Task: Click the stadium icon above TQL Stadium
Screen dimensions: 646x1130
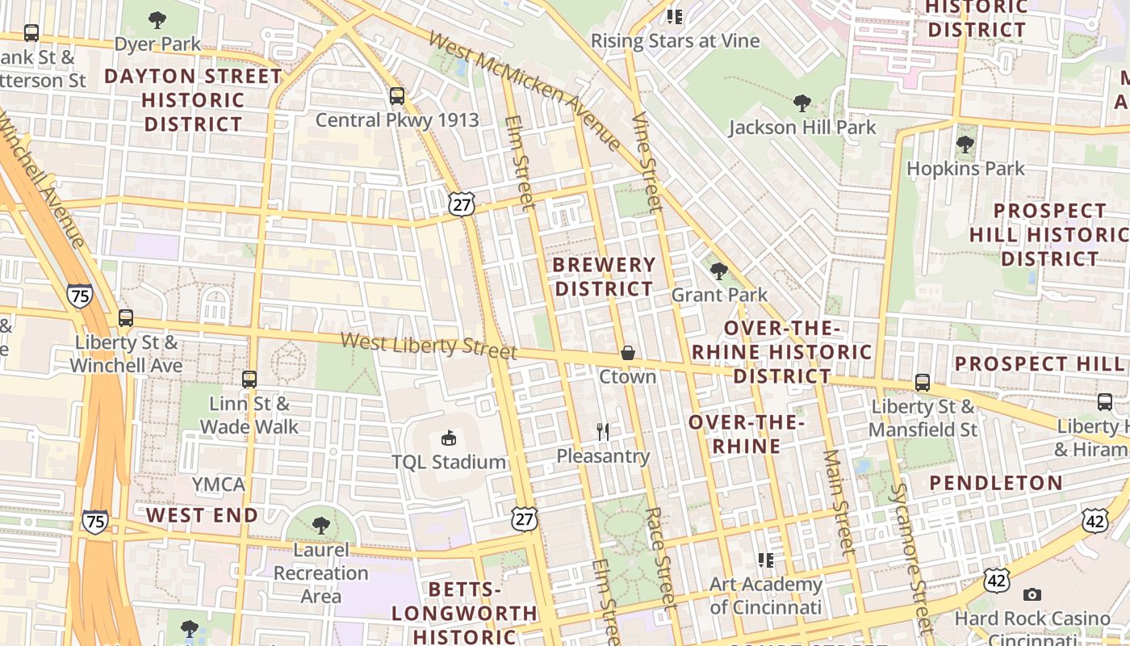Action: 448,438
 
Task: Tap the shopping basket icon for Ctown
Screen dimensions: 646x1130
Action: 627,353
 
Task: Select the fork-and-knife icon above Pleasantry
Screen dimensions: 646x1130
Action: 603,432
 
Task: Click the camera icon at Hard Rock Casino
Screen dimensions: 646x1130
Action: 1032,595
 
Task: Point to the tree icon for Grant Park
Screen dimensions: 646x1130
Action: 718,271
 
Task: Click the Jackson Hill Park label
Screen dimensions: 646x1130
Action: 801,128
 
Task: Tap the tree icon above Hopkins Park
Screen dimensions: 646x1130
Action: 965,145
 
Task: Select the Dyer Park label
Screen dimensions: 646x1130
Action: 157,44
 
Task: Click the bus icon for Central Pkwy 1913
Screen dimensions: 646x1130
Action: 396,96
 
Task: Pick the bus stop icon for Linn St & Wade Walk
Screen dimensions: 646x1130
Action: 249,379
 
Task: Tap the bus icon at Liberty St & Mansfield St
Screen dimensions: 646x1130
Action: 922,383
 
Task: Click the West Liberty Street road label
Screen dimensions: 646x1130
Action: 429,346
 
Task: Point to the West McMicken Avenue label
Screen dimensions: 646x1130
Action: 525,90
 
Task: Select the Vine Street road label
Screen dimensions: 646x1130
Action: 647,162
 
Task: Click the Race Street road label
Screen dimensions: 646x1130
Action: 660,557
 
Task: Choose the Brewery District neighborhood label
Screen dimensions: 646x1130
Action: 605,277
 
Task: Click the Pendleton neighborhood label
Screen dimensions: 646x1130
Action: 995,483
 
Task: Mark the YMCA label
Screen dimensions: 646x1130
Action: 218,484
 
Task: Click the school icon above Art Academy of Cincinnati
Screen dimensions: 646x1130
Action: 765,560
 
